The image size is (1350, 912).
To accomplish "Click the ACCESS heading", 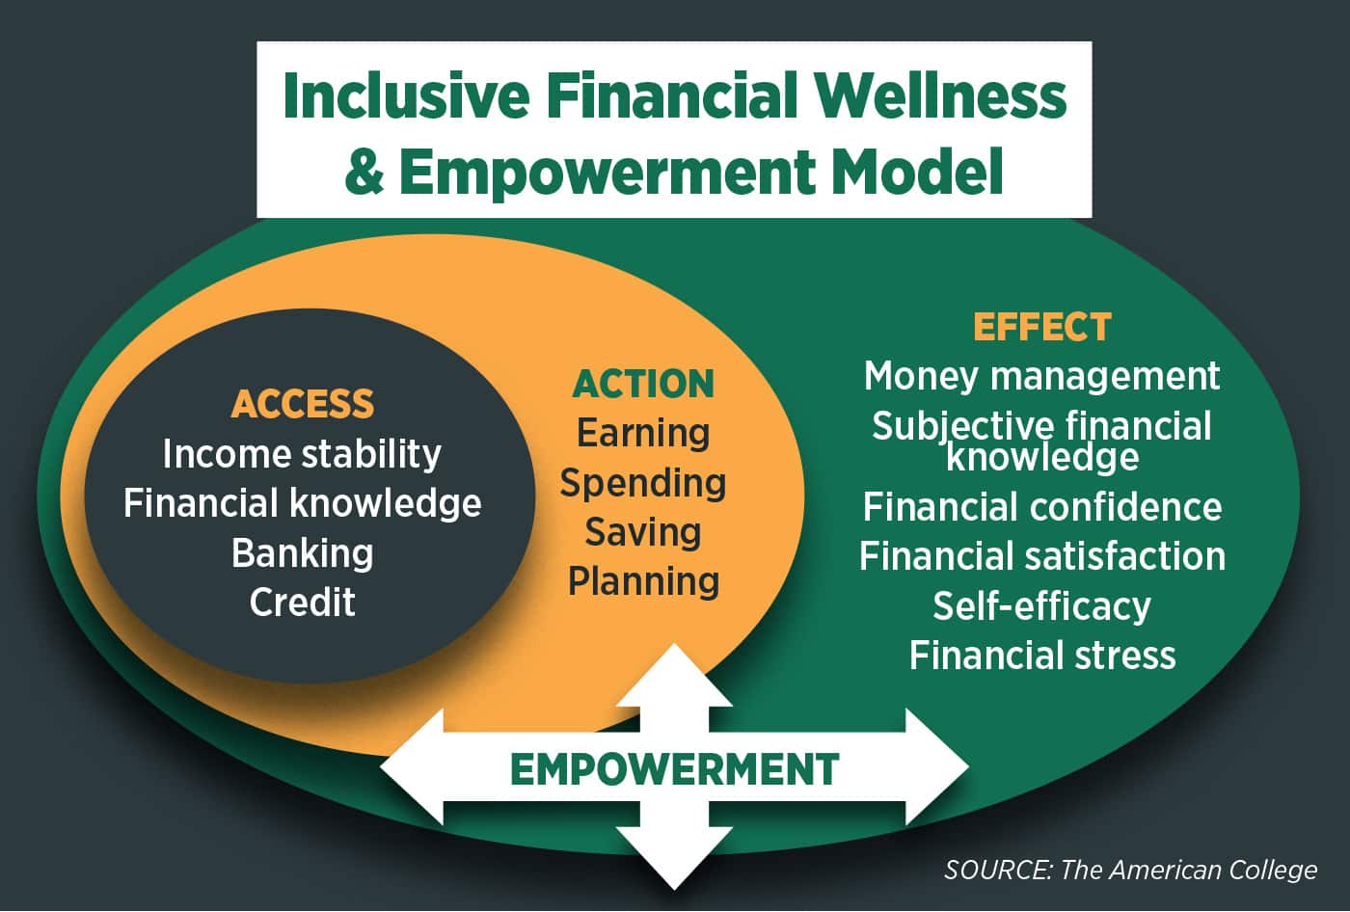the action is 303,404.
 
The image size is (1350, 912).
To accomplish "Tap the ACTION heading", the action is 643,384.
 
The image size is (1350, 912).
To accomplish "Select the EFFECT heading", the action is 1042,327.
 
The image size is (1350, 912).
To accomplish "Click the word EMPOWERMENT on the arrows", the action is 674,769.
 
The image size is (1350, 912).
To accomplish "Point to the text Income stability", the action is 302,454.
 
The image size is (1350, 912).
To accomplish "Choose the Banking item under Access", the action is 303,553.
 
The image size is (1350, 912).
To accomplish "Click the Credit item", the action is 303,602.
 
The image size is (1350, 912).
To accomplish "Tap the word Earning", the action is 643,433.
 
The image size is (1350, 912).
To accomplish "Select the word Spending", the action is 643,483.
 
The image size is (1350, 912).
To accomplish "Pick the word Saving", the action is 643,532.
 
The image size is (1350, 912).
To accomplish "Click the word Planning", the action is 644,582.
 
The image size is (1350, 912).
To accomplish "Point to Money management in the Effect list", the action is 1042,377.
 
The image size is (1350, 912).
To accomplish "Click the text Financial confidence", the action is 1042,506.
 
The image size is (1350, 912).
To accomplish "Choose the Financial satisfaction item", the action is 1042,555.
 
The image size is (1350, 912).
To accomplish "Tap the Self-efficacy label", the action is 1042,606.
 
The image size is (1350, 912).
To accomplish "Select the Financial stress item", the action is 1042,655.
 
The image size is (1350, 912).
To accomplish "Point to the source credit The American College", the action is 1188,870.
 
